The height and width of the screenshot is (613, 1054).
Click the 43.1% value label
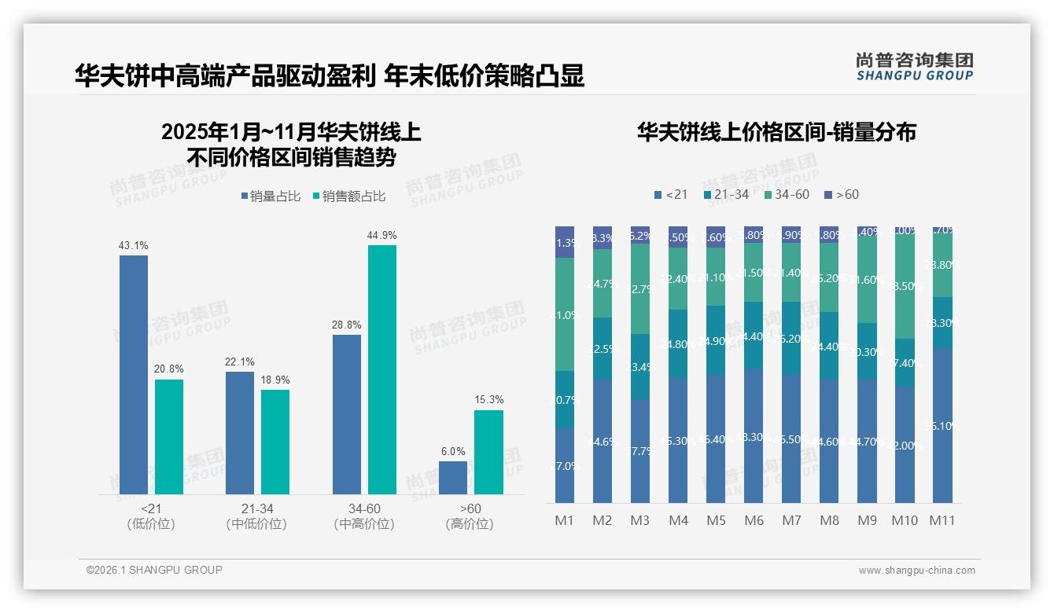pyautogui.click(x=133, y=246)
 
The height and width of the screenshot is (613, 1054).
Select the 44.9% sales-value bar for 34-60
pyautogui.click(x=381, y=369)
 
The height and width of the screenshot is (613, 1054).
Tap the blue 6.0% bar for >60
pyautogui.click(x=453, y=478)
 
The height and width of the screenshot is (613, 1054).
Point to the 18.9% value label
pyautogui.click(x=275, y=380)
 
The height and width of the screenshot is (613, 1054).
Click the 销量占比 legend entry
pyautogui.click(x=270, y=196)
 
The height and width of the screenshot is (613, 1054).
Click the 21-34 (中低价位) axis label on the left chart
pyautogui.click(x=256, y=516)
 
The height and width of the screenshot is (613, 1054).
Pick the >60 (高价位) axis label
pyautogui.click(x=470, y=516)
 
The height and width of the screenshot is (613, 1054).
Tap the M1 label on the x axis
pyautogui.click(x=565, y=520)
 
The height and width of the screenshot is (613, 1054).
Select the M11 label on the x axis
pyautogui.click(x=942, y=520)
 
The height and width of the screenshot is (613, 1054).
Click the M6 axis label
pyautogui.click(x=753, y=520)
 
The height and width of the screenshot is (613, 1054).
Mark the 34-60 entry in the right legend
pyautogui.click(x=786, y=194)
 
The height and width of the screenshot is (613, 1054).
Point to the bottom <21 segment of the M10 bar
pyautogui.click(x=905, y=444)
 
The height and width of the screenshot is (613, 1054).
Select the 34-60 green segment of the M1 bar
pyautogui.click(x=565, y=314)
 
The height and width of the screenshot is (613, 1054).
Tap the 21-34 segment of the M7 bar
pyautogui.click(x=791, y=338)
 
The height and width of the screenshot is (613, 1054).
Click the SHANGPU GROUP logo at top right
pyautogui.click(x=914, y=66)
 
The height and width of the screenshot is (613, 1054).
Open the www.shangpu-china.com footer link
pyautogui.click(x=916, y=571)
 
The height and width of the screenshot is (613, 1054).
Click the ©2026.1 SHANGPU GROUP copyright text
pyautogui.click(x=154, y=570)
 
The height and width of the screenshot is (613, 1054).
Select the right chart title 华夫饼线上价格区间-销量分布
pyautogui.click(x=776, y=132)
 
